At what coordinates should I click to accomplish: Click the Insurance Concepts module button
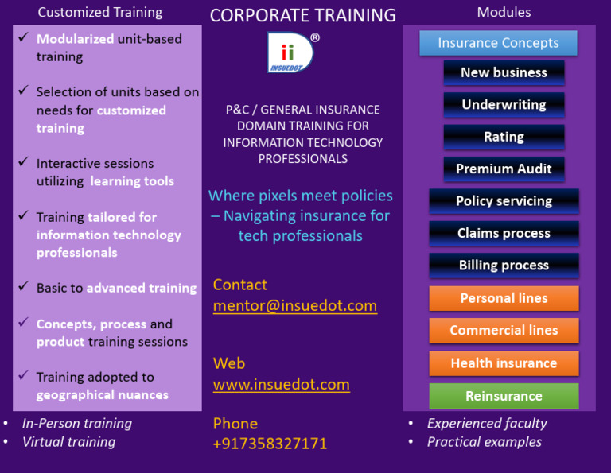498,43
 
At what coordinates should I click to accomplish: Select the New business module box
504,72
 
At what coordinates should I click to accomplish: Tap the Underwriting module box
504,104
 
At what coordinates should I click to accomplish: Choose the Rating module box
504,137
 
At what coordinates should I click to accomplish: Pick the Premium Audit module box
504,169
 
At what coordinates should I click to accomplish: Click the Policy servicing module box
504,201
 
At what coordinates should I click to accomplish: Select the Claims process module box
504,233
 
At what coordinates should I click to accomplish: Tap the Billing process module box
504,266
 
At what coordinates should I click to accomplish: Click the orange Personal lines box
504,298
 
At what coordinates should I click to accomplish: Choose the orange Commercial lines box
504,330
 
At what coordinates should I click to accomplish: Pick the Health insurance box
504,363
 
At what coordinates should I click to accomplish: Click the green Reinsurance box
504,396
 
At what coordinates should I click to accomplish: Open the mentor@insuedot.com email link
294,305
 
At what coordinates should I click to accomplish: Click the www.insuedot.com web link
281,384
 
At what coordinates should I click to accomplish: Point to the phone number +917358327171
270,444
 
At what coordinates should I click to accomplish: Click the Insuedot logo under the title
290,53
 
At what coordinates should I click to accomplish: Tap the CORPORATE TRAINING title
302,15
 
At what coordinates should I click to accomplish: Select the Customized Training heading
100,12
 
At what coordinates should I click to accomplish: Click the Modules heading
504,12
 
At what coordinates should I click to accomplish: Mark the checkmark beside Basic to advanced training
24,287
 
